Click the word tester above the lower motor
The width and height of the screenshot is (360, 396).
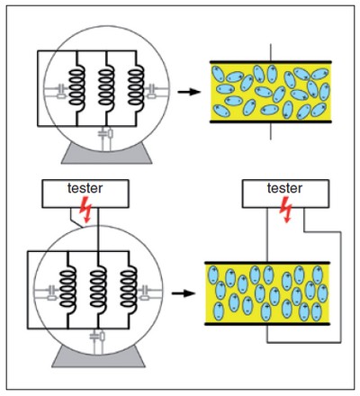[x=85, y=188]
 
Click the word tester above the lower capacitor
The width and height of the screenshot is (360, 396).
[x=284, y=188]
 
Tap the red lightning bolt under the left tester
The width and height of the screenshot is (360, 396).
[x=85, y=210]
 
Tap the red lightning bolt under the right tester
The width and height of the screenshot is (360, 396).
[x=285, y=210]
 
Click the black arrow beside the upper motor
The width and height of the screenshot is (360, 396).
[x=189, y=92]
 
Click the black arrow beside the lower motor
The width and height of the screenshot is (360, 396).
[x=184, y=293]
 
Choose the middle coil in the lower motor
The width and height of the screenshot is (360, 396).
[x=98, y=287]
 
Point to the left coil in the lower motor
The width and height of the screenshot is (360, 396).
[x=67, y=287]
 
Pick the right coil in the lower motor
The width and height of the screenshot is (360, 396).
[x=129, y=287]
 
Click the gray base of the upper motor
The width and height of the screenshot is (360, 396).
[x=107, y=156]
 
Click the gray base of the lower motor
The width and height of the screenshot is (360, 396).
[x=98, y=357]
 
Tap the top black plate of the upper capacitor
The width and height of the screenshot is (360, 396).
[x=271, y=62]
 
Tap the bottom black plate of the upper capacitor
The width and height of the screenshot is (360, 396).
[x=271, y=121]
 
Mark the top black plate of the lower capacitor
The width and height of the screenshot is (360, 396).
[x=267, y=263]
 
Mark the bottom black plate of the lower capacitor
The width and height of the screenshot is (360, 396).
[x=267, y=324]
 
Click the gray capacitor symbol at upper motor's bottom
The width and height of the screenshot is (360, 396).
[x=103, y=132]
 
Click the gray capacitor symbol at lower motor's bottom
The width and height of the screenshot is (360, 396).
[x=94, y=336]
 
